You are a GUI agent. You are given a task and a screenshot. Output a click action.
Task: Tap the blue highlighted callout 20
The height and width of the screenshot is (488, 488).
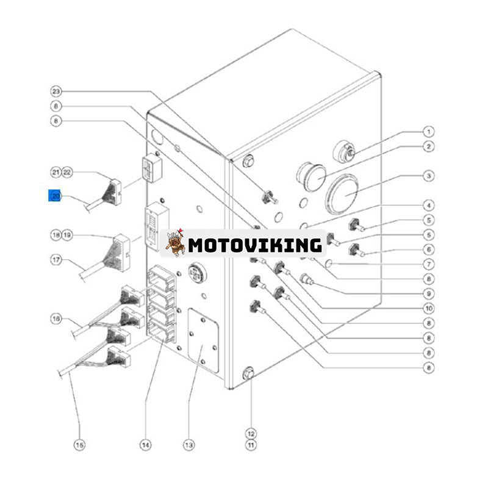(x=56, y=196)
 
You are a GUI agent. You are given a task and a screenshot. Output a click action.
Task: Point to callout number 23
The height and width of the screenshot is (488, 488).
(x=56, y=91)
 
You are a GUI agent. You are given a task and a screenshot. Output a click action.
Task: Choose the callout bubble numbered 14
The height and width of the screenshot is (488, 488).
(x=145, y=445)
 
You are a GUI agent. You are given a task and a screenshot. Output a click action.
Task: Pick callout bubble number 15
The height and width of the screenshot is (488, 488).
(x=79, y=445)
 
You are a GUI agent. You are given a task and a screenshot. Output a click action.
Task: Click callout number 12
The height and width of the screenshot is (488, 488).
(x=251, y=433)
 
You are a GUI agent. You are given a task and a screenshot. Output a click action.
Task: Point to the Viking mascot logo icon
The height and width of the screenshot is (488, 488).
(x=176, y=243)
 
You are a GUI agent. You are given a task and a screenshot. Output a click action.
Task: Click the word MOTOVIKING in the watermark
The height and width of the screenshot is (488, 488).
(x=254, y=245)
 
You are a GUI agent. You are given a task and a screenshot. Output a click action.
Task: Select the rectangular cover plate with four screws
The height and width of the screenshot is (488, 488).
(x=203, y=340)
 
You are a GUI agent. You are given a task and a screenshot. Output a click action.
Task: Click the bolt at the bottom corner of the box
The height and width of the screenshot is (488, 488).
(x=248, y=373)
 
